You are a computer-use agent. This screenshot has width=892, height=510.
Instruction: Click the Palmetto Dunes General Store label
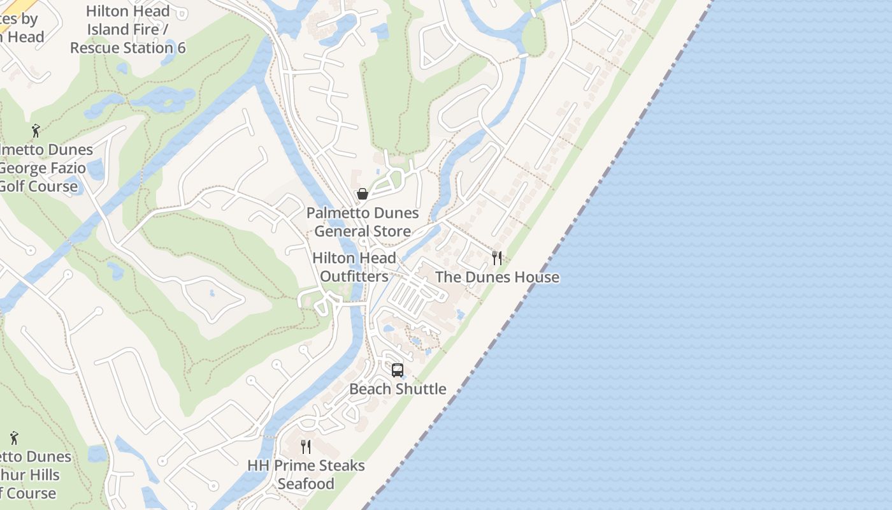pos(363,222)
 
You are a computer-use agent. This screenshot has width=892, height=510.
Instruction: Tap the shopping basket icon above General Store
pos(363,194)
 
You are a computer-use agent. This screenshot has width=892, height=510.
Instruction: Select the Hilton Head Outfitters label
pos(354,267)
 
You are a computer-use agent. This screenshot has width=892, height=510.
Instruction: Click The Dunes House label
pos(497,277)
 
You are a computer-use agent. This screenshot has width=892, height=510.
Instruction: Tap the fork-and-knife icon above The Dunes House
pos(497,258)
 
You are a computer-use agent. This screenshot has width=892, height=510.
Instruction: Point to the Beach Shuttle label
pos(398,389)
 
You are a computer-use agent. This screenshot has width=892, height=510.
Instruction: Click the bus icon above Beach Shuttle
pos(398,370)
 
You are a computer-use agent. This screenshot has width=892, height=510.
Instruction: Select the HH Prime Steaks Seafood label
pos(306,474)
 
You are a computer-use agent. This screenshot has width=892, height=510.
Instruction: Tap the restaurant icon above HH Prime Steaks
pos(306,446)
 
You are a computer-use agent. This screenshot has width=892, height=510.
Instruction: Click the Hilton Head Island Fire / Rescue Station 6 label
pos(127,29)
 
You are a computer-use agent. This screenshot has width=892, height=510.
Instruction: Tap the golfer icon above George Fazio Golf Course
pos(36,131)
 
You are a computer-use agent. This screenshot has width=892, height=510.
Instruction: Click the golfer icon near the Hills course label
pos(14,439)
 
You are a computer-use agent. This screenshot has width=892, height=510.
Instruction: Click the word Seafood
pos(306,484)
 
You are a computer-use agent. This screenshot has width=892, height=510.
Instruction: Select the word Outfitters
pos(354,277)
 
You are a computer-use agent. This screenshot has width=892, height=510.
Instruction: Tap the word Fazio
pos(66,168)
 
